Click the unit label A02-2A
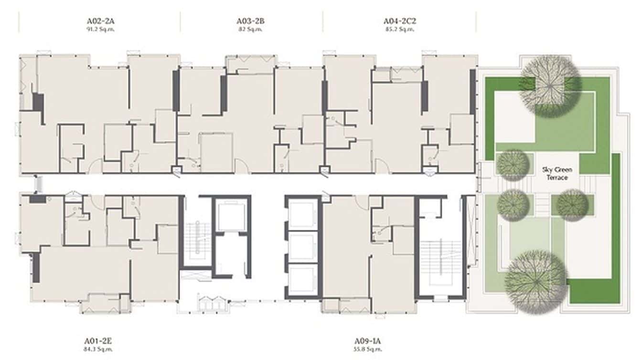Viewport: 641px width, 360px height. [99, 21]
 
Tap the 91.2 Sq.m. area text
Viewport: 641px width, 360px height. [99, 29]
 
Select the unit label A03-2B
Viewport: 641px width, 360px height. [251, 21]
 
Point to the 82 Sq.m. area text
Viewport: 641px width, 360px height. [251, 29]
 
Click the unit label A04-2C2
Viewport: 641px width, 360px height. [399, 21]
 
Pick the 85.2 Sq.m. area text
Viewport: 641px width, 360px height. [399, 29]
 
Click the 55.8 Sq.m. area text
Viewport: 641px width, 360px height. [368, 349]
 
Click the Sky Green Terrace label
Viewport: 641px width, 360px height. [557, 174]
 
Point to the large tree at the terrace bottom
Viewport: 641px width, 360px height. [536, 282]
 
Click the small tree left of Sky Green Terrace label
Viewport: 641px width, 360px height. [513, 165]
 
